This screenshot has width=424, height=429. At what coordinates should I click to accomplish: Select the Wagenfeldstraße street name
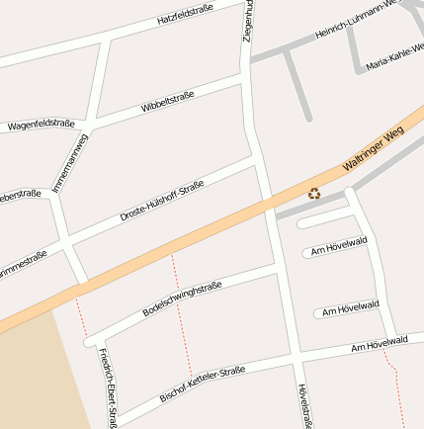(x=41, y=125)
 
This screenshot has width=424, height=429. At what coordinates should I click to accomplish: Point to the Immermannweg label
(x=69, y=163)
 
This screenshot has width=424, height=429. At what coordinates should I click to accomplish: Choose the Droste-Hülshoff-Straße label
(x=161, y=200)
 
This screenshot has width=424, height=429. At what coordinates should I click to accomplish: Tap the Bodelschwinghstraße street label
(x=182, y=298)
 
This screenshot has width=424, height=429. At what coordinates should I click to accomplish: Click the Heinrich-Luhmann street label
(x=355, y=21)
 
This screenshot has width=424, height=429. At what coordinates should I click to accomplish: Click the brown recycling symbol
(x=314, y=194)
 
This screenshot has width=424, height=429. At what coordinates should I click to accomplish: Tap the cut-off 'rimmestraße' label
(x=22, y=264)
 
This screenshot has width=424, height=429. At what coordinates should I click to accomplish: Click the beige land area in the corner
(x=30, y=376)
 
